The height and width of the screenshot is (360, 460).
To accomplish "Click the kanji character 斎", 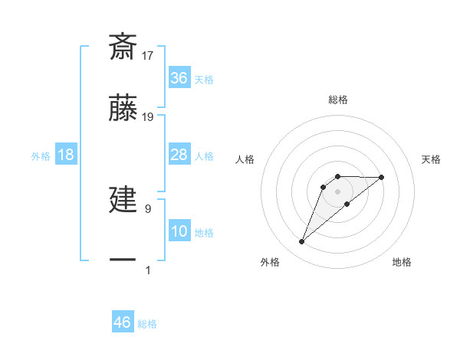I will [123, 47].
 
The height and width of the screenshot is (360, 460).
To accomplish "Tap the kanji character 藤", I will [123, 109].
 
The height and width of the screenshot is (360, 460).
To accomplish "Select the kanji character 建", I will [123, 199].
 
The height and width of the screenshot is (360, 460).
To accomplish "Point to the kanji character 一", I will [123, 260].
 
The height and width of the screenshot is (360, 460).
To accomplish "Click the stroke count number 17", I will [148, 55].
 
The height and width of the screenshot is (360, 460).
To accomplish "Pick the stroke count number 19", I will [148, 117].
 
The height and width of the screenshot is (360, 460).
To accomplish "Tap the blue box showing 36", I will [179, 78].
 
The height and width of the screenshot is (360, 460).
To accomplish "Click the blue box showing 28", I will [179, 155].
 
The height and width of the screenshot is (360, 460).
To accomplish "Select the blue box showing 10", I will [179, 231].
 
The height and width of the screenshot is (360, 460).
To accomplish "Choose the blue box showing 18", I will [66, 155].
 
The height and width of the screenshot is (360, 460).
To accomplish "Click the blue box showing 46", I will [123, 322].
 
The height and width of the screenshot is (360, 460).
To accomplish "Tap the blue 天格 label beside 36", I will [204, 79].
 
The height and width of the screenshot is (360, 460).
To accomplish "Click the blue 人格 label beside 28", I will [204, 156].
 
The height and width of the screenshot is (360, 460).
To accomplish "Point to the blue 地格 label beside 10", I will [204, 232].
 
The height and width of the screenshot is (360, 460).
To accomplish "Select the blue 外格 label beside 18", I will [41, 156].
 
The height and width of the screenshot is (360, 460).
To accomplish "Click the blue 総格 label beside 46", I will [147, 323].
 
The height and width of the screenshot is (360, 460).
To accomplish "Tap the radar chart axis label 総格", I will [338, 100].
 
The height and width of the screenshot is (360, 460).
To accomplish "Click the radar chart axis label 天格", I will [432, 159].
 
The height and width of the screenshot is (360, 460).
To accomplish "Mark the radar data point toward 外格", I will [301, 242].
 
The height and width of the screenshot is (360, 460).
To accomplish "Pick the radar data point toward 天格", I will [382, 177].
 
